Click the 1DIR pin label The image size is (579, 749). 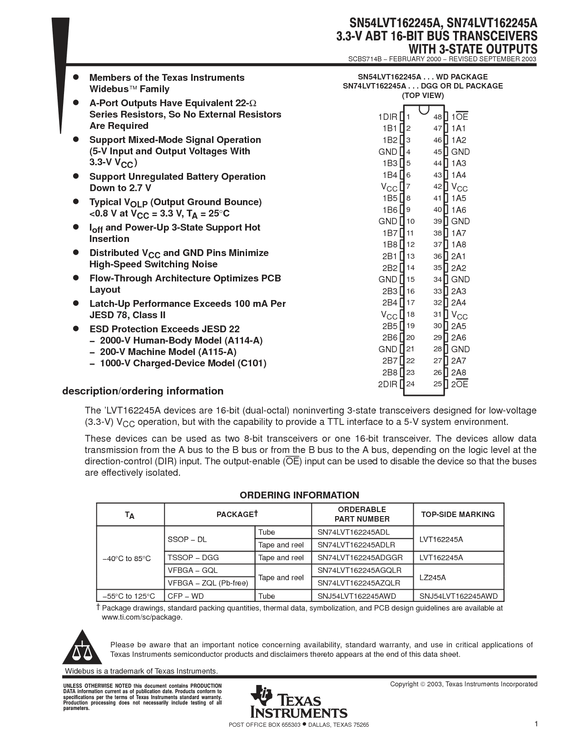pos(387,117)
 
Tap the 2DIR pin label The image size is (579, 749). pos(387,384)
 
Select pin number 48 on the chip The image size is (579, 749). pos(437,117)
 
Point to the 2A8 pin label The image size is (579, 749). pos(459,373)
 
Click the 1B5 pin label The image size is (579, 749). pos(390,198)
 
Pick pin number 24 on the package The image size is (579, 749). pos(411,384)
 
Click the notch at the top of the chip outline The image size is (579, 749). pos(424,110)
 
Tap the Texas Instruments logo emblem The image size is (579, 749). pos(261,695)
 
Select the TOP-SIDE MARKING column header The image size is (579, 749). pos(458,514)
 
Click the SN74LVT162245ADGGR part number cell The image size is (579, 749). pos(360,558)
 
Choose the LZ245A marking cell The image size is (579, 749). pos(432,577)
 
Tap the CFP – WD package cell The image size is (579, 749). pos(186,596)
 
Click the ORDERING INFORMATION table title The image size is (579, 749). pos(299,495)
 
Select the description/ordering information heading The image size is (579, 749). pos(143,391)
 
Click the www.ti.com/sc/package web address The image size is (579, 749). pos(141,617)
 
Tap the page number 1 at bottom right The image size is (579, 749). pos(536,724)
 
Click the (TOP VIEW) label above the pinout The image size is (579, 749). pos(423,95)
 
